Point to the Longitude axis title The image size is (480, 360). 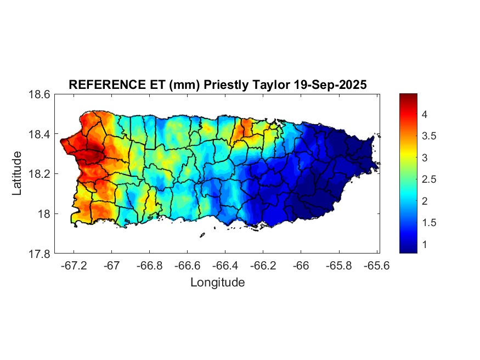(217, 283)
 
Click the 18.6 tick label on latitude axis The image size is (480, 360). (39, 94)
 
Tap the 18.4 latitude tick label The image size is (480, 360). (39, 134)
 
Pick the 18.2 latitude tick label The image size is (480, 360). (39, 174)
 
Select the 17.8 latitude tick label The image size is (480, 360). (39, 254)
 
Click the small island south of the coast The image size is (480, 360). (202, 235)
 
